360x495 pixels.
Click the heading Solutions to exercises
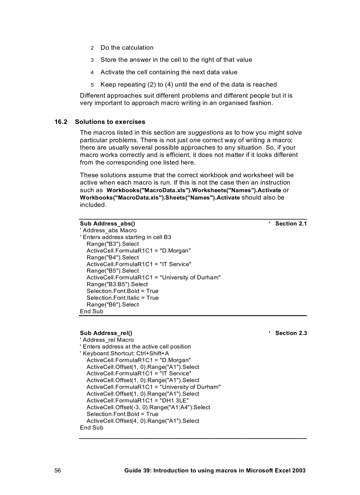pos(110,122)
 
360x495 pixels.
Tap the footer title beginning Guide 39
pos(215,470)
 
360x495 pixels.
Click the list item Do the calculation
pos(127,48)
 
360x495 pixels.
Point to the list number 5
pos(92,85)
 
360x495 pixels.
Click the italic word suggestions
pos(206,133)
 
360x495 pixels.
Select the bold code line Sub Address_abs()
pos(107,223)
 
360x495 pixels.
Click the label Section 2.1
pos(291,223)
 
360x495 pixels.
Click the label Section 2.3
pos(291,333)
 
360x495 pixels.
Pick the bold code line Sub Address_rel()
pos(106,333)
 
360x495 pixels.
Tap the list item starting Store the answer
pos(176,60)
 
